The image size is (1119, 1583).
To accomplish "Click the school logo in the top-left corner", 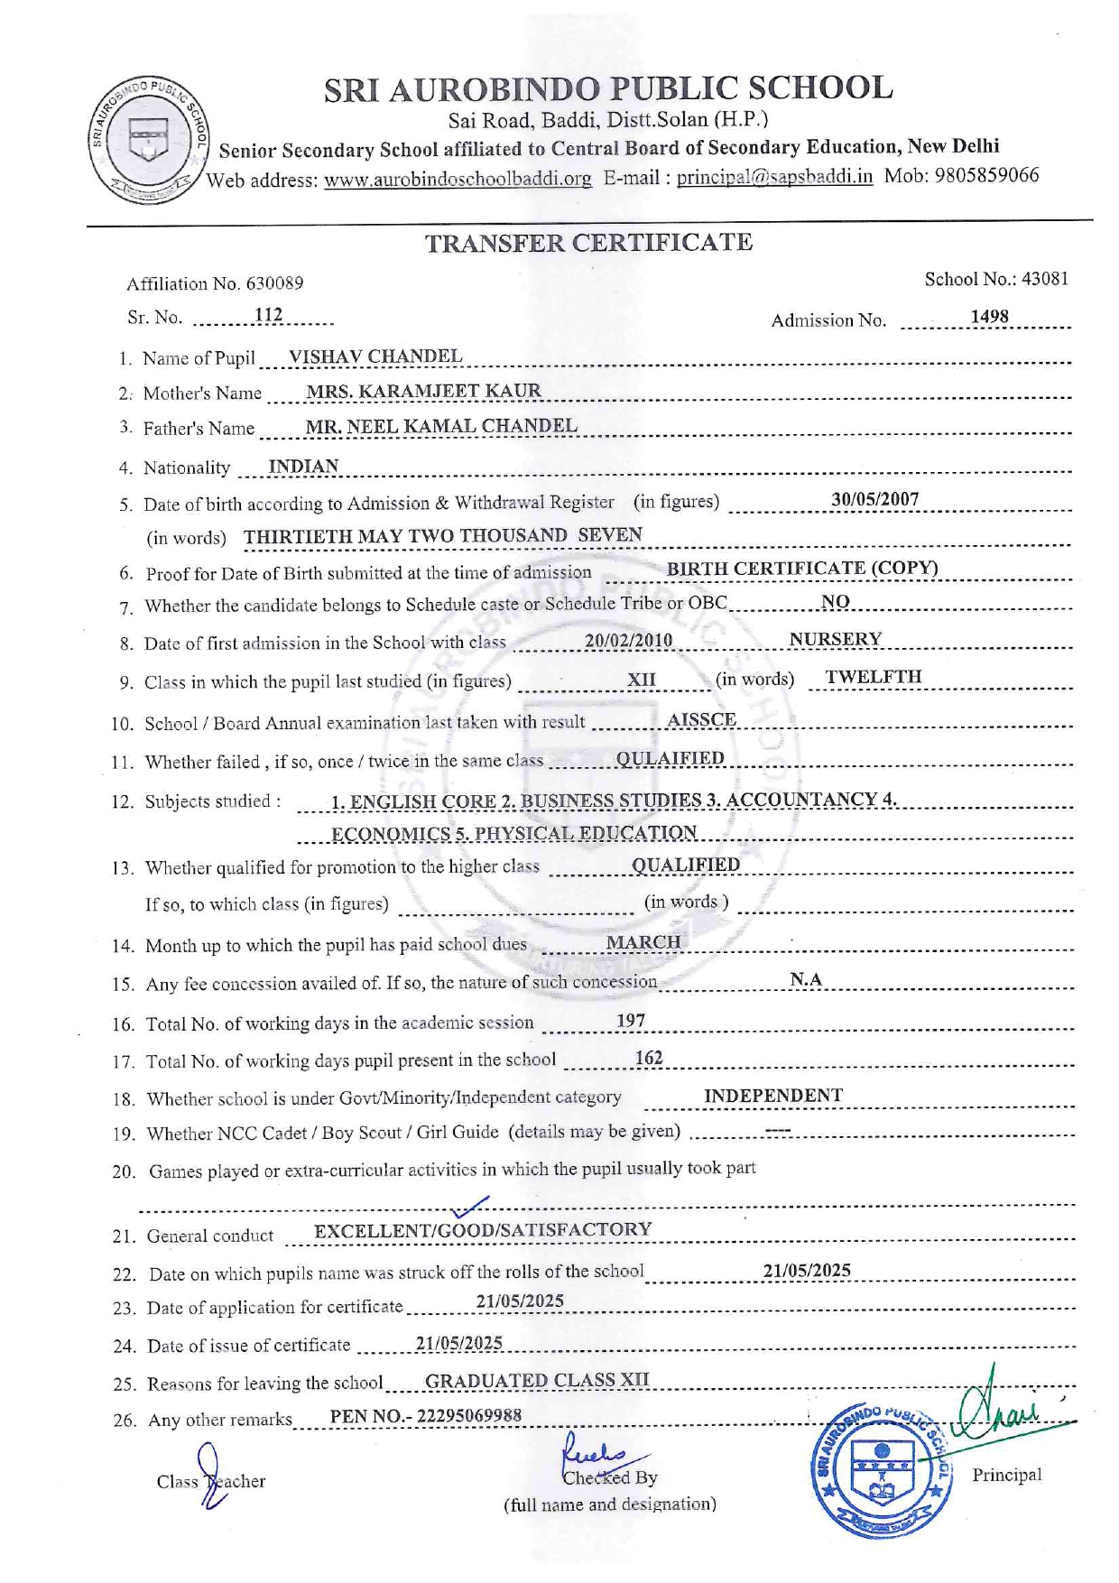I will (148, 139).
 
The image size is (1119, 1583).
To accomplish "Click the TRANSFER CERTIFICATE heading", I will (588, 243).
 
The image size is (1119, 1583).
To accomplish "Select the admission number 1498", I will (989, 317).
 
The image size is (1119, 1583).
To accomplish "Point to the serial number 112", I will (268, 315).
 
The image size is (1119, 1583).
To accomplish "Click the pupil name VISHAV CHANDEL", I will (375, 356).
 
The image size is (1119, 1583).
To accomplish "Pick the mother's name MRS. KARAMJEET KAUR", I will (423, 391).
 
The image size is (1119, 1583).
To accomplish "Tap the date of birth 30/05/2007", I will (874, 499).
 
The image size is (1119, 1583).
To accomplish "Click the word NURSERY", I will (835, 639).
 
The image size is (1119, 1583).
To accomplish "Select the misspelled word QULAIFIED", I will (670, 758).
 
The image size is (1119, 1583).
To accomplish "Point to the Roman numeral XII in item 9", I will (642, 680).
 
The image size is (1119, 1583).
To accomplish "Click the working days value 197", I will (631, 1021).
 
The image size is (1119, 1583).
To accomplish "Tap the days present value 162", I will (649, 1058).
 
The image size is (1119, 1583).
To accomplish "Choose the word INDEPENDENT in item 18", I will (773, 1096).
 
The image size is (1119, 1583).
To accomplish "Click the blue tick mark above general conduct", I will (470, 1207).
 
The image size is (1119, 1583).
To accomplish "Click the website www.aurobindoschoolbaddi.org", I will (458, 179).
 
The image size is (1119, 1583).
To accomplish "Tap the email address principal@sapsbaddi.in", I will (774, 177).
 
